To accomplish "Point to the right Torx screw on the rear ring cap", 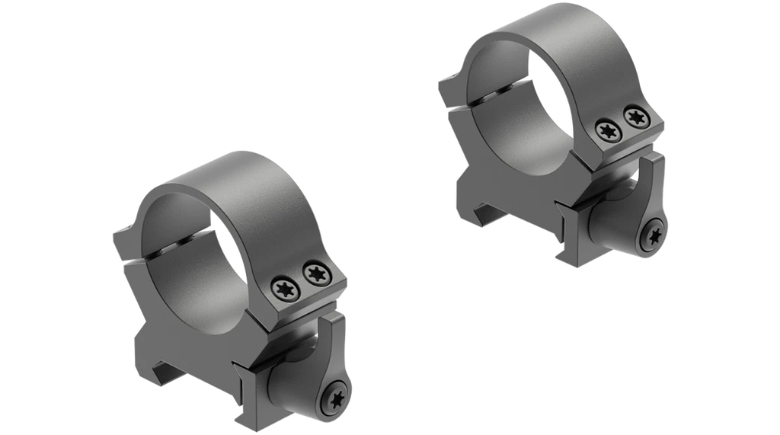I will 634,117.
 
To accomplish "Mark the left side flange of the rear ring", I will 449,84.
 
